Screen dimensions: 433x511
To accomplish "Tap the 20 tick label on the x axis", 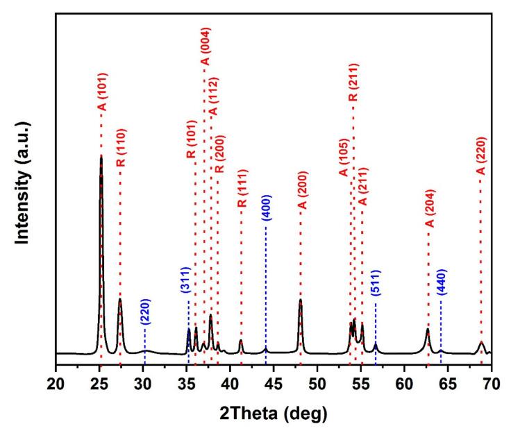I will click(56, 380).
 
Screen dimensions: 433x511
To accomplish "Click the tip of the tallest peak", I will click(101, 156).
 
